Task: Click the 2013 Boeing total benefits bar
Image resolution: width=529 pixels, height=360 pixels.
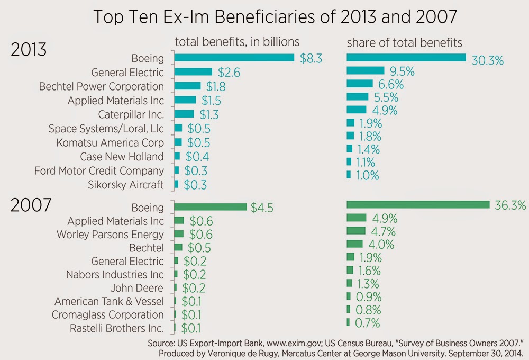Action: coord(234,57)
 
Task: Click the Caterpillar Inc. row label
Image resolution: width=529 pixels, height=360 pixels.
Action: coord(131,114)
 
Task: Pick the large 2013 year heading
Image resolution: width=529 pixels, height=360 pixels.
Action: coord(29,50)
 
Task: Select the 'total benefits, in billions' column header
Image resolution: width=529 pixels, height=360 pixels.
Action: coord(238,42)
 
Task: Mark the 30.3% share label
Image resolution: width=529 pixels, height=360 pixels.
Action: coord(487,60)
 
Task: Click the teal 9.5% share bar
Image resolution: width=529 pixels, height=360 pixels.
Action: coord(365,70)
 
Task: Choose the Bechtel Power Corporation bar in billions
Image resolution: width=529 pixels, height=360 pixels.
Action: coord(187,86)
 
